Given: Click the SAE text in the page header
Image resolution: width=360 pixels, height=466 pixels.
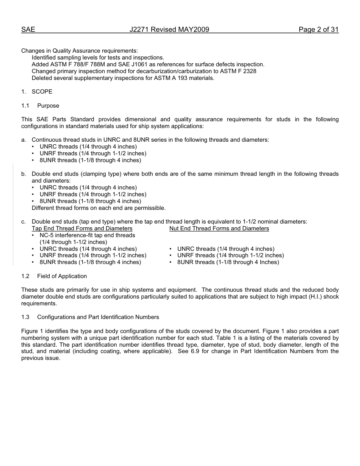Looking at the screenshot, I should [x=28, y=30].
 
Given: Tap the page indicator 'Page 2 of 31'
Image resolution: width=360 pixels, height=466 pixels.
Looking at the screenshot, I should [x=318, y=30].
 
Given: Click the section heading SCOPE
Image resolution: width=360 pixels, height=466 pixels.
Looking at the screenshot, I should [x=42, y=92].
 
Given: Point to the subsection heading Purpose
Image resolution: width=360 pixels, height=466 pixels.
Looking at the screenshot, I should [x=48, y=106].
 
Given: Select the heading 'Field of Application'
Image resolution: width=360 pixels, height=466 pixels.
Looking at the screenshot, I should [x=62, y=276].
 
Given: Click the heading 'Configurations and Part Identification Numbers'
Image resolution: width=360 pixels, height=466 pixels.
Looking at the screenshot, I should [x=98, y=317].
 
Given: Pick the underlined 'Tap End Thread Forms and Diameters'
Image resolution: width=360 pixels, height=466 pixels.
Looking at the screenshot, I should [x=82, y=228].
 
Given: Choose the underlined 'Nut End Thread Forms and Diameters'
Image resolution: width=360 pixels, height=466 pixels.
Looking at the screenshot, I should [x=219, y=228].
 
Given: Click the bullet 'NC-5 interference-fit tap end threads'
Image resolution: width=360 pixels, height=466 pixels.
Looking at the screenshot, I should [x=87, y=235].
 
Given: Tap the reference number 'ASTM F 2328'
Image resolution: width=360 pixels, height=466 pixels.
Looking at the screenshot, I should [x=239, y=71].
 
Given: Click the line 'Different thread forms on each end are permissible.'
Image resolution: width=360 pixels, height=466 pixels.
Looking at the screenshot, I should [x=99, y=208].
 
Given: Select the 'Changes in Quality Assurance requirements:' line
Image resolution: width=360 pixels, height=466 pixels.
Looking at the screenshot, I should [x=80, y=51].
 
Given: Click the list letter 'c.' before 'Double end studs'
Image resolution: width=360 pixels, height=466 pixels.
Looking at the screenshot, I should [x=24, y=222].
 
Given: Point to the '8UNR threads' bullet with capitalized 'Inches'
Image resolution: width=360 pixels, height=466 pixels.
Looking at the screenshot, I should [x=228, y=262].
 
